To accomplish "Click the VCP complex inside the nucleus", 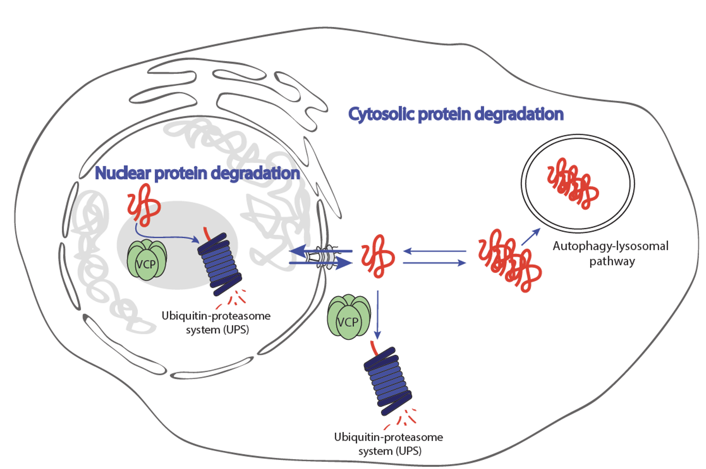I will click(147, 260).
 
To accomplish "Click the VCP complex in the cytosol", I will click(349, 317).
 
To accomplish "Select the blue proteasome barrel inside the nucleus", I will click(220, 263).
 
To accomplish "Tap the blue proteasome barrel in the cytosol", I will click(387, 381).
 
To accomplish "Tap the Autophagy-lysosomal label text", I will click(610, 246).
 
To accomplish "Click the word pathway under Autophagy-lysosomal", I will click(612, 262).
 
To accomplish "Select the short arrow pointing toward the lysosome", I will click(530, 236).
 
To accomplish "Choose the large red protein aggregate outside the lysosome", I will click(509, 260).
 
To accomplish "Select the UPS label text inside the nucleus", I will click(216, 323).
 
